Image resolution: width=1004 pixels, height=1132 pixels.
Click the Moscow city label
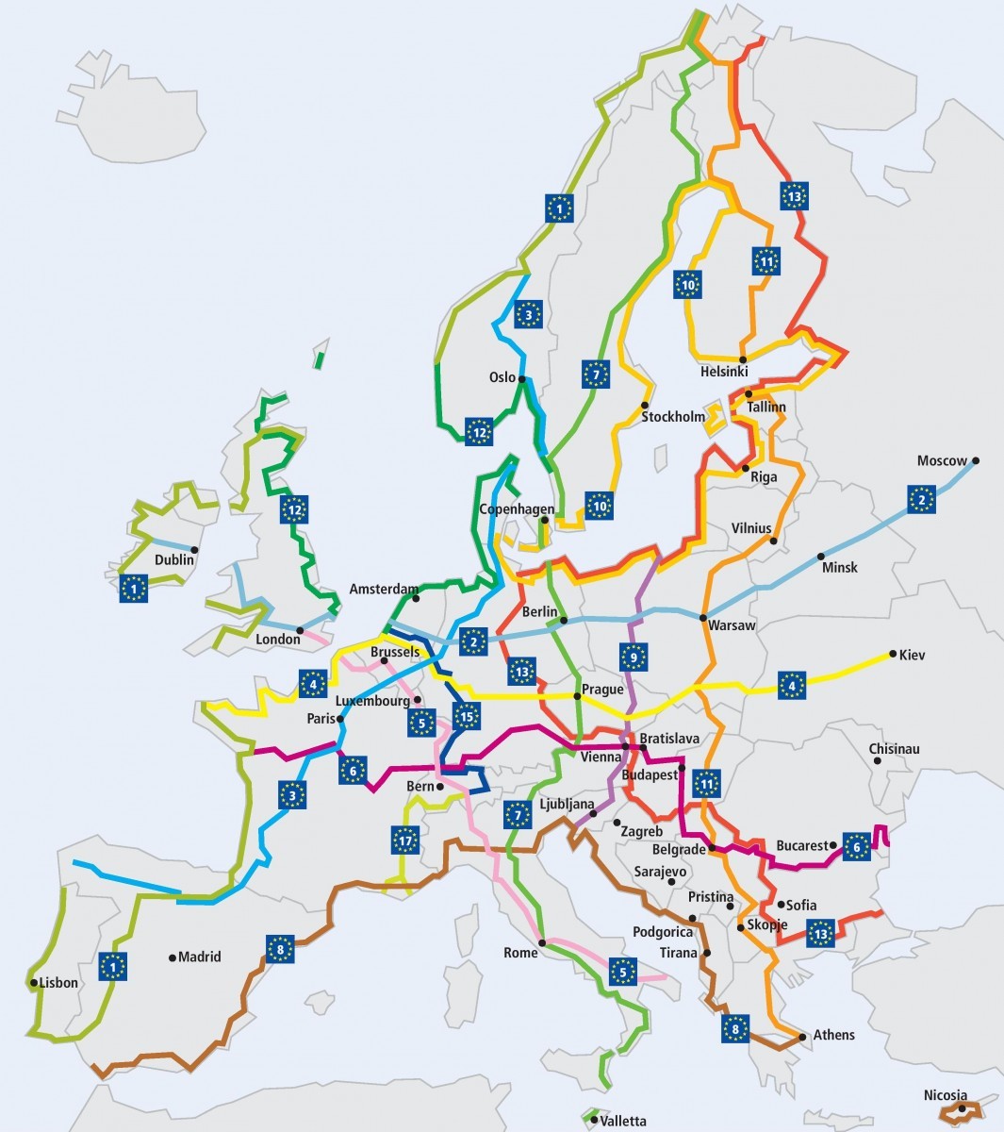click(942, 461)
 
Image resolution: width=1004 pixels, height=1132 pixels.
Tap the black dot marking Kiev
click(891, 654)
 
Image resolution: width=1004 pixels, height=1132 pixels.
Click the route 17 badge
click(405, 839)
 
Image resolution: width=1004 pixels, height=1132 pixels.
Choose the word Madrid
click(199, 957)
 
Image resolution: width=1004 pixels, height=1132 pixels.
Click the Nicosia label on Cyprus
click(946, 1095)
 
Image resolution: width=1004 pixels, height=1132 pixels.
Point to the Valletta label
click(623, 1121)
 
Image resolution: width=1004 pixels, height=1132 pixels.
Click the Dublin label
click(173, 559)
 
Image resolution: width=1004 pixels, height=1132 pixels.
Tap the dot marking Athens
click(802, 1037)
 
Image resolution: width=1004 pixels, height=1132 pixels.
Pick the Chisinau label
click(894, 749)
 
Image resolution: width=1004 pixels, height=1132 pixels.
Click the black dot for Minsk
click(820, 557)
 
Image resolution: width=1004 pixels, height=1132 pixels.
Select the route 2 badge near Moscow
click(921, 499)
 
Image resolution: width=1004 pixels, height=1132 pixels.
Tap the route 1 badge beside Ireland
click(134, 588)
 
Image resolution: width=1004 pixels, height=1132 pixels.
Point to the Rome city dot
click(543, 942)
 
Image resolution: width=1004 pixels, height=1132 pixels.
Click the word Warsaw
click(732, 625)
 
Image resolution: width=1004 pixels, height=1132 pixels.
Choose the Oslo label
click(502, 377)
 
